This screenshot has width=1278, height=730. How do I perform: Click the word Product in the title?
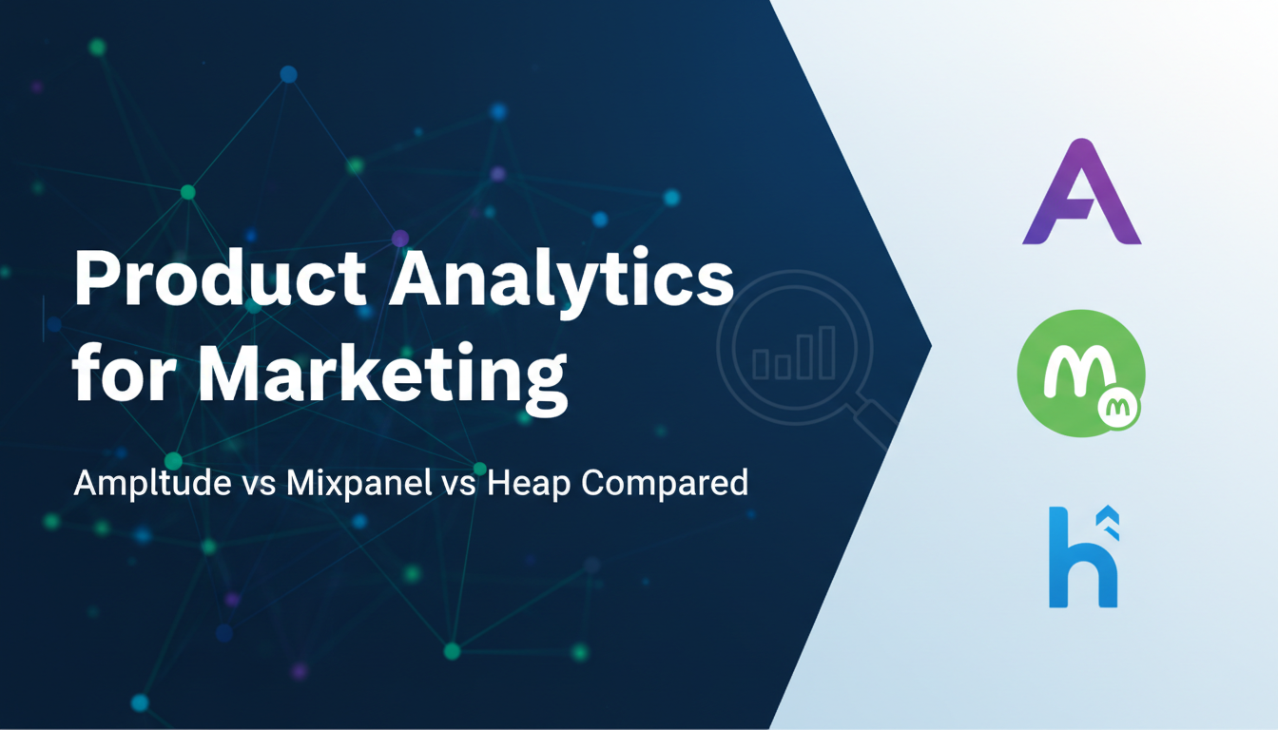221,278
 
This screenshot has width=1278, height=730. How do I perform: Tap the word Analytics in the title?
562,283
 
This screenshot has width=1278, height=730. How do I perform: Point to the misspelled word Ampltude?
152,483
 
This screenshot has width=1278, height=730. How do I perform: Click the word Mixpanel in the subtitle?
358,482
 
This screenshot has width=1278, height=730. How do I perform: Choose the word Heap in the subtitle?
529,484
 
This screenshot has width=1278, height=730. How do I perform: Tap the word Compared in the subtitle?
665,483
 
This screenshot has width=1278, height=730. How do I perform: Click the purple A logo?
1082,192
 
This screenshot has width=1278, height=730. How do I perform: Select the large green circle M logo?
1080,374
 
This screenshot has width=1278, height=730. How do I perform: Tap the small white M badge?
1118,409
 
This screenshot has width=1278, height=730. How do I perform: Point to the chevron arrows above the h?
1109,523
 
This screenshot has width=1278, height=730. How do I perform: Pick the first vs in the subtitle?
259,484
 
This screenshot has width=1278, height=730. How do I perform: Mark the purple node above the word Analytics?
400,238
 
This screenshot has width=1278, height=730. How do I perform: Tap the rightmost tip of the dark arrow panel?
931,345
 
